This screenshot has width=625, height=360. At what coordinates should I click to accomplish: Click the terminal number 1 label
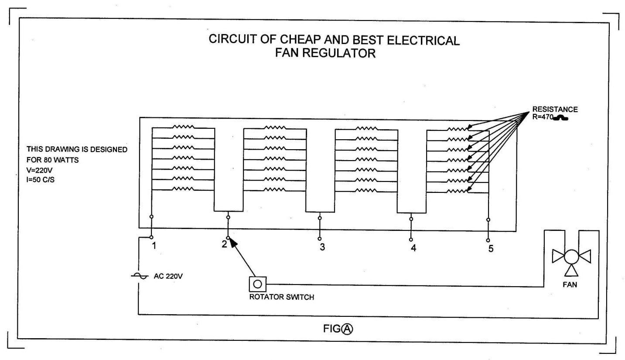pyautogui.click(x=154, y=246)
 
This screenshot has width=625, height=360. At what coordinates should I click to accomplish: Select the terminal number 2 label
pyautogui.click(x=224, y=244)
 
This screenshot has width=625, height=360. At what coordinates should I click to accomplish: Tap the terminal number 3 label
pyautogui.click(x=322, y=247)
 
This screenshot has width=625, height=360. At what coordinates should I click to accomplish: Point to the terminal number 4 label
pyautogui.click(x=413, y=248)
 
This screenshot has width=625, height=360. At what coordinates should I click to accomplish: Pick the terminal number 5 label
pyautogui.click(x=491, y=249)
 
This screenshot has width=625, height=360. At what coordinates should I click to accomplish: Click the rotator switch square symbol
pyautogui.click(x=257, y=284)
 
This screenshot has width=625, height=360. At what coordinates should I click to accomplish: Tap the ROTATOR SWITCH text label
pyautogui.click(x=281, y=298)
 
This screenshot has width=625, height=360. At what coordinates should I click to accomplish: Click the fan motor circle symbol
pyautogui.click(x=571, y=257)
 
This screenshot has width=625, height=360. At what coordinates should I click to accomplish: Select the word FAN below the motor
pyautogui.click(x=570, y=285)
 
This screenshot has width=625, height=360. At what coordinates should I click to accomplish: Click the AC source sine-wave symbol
pyautogui.click(x=138, y=276)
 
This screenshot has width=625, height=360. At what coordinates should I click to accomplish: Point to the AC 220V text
pyautogui.click(x=168, y=276)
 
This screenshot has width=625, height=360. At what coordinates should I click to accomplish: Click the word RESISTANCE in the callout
pyautogui.click(x=555, y=110)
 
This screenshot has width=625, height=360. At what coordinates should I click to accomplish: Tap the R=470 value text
pyautogui.click(x=543, y=117)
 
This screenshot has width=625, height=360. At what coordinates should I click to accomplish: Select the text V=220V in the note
pyautogui.click(x=39, y=171)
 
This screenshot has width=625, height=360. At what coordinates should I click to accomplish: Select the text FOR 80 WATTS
pyautogui.click(x=52, y=160)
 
